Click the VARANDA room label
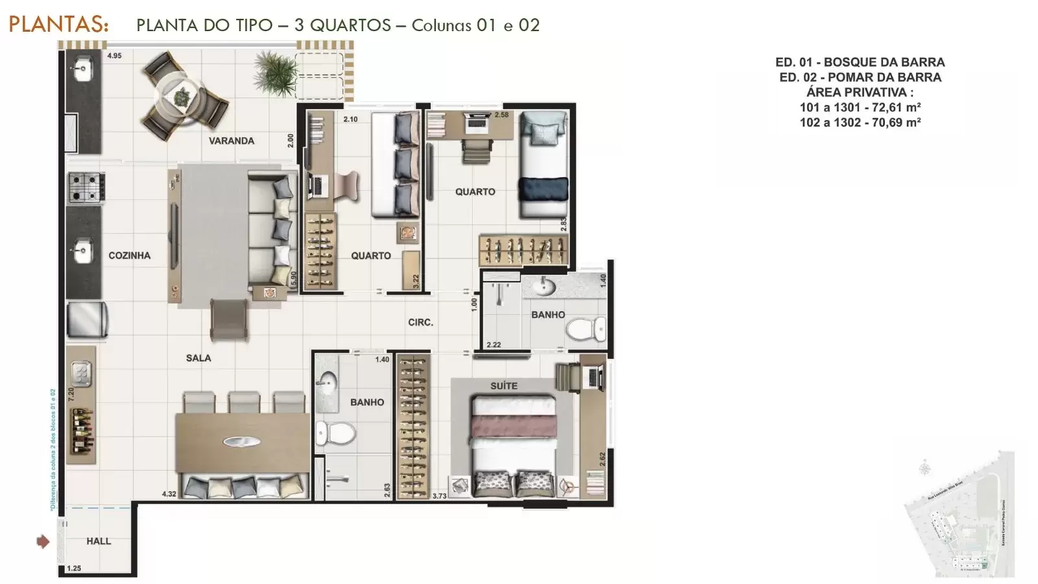coord(231,141)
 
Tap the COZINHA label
coord(129,256)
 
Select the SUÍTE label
coord(503,386)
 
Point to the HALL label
coord(99,541)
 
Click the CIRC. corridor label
coord(420,322)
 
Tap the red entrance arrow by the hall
coord(43,541)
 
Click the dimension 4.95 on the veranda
coord(115,56)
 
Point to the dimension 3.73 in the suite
coord(439,496)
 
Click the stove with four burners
coord(87,186)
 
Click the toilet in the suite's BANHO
coord(335,432)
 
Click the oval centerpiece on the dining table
coord(241,442)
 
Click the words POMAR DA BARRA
coord(880,77)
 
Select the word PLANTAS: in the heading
coord(58,25)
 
